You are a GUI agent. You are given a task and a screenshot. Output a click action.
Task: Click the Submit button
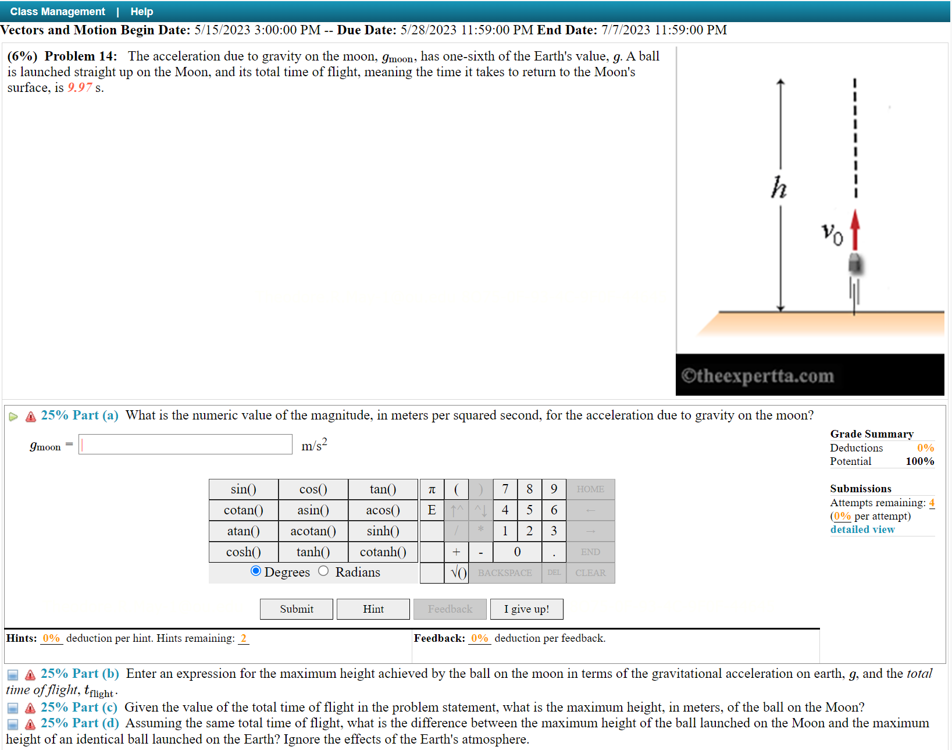pyautogui.click(x=296, y=609)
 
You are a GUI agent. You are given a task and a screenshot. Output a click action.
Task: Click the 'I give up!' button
pyautogui.click(x=526, y=609)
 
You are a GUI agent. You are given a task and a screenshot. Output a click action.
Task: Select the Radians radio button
pyautogui.click(x=323, y=571)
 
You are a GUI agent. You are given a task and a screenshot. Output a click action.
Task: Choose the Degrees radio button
pyautogui.click(x=256, y=571)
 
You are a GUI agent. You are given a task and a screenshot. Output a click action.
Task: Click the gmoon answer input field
pyautogui.click(x=186, y=445)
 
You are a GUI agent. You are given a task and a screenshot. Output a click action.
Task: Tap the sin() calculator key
pyautogui.click(x=243, y=489)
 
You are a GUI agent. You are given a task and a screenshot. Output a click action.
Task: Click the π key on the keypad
pyautogui.click(x=432, y=489)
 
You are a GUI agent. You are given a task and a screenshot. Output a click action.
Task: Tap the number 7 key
pyautogui.click(x=505, y=489)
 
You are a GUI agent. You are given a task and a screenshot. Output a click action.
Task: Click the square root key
pyautogui.click(x=458, y=573)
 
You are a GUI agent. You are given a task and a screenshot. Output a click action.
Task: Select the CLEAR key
pyautogui.click(x=590, y=573)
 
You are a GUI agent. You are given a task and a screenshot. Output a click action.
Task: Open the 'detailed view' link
pyautogui.click(x=862, y=529)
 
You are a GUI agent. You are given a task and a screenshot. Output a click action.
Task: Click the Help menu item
pyautogui.click(x=141, y=12)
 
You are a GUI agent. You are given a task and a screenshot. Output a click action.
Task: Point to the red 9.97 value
pyautogui.click(x=80, y=87)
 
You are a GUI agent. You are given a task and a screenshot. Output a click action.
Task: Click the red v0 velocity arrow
pyautogui.click(x=855, y=230)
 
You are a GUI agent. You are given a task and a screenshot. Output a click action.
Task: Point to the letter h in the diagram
pyautogui.click(x=779, y=187)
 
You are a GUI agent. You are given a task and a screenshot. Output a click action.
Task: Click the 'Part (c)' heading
pyautogui.click(x=79, y=707)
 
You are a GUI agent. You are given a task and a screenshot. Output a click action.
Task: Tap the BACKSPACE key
pyautogui.click(x=505, y=573)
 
